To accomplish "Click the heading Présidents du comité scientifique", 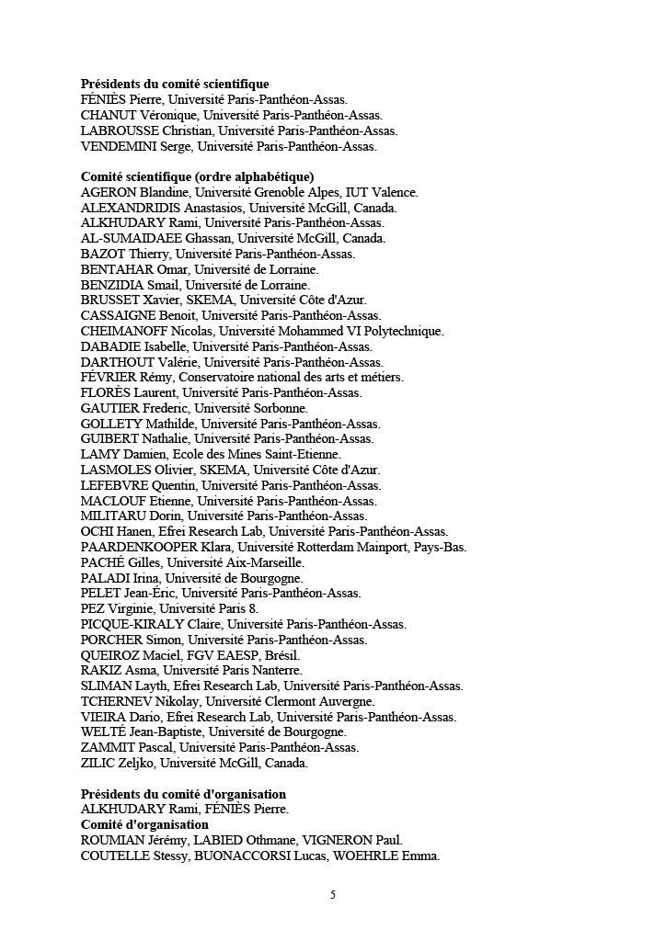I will (175, 85).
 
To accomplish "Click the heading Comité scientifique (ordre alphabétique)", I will (198, 176).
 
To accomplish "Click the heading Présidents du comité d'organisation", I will (183, 794).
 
